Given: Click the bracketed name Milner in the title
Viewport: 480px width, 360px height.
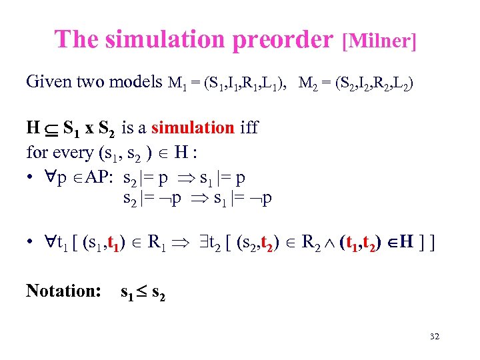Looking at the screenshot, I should (x=379, y=41).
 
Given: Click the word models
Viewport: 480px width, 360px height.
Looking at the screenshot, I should (x=137, y=83).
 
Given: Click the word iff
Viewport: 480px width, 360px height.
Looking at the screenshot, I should (x=248, y=128).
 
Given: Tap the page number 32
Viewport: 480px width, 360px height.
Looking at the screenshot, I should (x=435, y=337).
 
